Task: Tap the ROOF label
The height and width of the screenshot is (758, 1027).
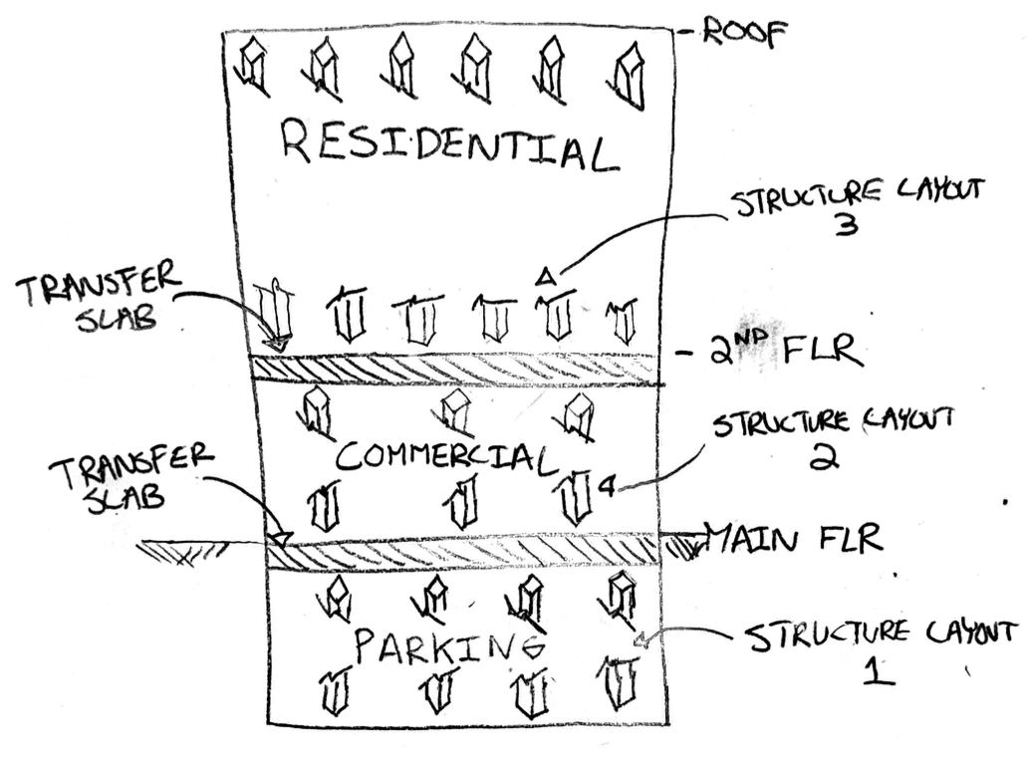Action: pyautogui.click(x=744, y=31)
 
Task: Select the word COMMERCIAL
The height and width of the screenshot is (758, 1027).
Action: pyautogui.click(x=444, y=456)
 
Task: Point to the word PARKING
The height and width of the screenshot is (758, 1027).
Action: pyautogui.click(x=449, y=645)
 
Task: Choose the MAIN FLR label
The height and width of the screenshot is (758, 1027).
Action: pyautogui.click(x=794, y=539)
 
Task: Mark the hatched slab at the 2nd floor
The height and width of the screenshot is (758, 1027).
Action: pyautogui.click(x=454, y=370)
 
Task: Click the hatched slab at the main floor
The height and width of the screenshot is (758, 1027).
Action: pyautogui.click(x=462, y=550)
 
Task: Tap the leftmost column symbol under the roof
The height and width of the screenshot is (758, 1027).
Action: pyautogui.click(x=251, y=66)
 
